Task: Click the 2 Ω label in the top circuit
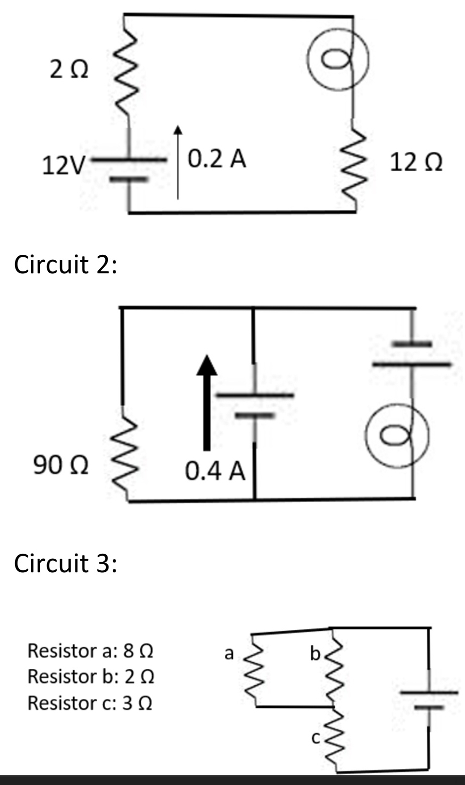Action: (x=69, y=71)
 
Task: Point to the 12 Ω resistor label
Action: (x=416, y=163)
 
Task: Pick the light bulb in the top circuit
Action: (x=338, y=59)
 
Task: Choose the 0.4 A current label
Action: (x=215, y=471)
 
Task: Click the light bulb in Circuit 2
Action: (x=397, y=437)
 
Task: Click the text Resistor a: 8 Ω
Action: (x=90, y=651)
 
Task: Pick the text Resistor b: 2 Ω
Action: (x=90, y=677)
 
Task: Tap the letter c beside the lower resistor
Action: (x=315, y=737)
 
